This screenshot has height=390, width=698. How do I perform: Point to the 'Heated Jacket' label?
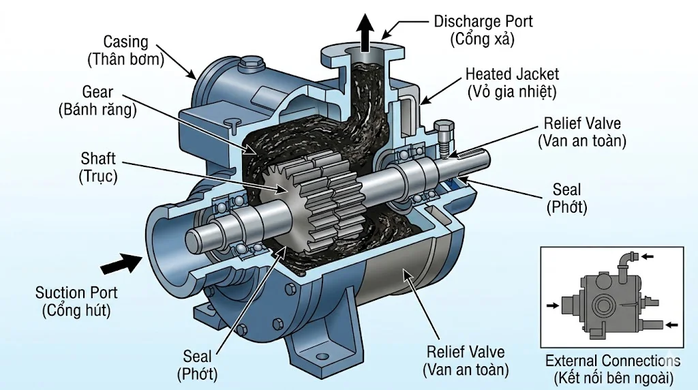[512, 73]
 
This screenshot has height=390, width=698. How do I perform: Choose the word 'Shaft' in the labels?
[98, 159]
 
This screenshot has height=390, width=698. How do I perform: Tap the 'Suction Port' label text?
[76, 292]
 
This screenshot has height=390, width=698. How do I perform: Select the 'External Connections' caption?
[612, 361]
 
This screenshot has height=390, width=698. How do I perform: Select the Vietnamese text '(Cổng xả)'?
[481, 39]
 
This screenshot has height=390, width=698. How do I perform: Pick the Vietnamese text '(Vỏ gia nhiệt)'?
[512, 90]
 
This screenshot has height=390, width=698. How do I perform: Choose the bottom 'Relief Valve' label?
[466, 352]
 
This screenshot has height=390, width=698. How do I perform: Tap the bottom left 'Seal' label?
[197, 356]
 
